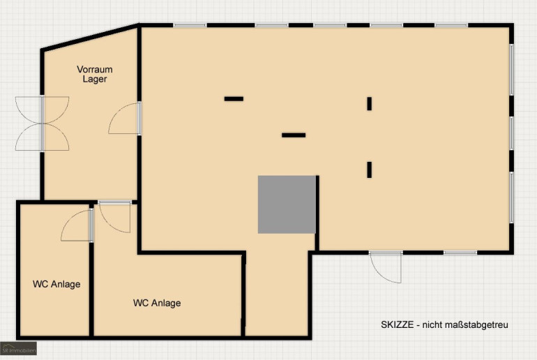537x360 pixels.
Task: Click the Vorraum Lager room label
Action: (x=95, y=74)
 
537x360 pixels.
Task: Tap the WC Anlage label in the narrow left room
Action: (x=56, y=284)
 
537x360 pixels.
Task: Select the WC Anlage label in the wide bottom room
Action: (x=157, y=303)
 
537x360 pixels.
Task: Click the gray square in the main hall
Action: (x=287, y=204)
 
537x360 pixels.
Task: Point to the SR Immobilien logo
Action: (x=19, y=348)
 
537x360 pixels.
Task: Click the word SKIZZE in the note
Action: (x=398, y=324)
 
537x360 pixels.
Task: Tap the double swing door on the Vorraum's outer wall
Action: (x=42, y=123)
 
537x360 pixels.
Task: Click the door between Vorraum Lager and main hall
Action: (x=125, y=118)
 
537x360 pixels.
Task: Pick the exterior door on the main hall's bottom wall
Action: (x=386, y=267)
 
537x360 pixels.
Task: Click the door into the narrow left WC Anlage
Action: (x=77, y=225)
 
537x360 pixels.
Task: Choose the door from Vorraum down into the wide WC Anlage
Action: (x=114, y=217)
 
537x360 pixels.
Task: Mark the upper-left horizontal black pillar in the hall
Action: (x=234, y=98)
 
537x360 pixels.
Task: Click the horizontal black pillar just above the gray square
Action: (x=294, y=135)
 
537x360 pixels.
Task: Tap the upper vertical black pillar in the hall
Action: (x=369, y=103)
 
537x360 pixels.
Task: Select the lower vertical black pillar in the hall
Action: (x=369, y=170)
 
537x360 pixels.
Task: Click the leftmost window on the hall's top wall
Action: (x=190, y=25)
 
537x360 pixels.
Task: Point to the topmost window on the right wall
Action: (x=512, y=70)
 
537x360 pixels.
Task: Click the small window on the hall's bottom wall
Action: (x=460, y=253)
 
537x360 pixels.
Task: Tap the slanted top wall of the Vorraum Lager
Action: (x=90, y=38)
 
